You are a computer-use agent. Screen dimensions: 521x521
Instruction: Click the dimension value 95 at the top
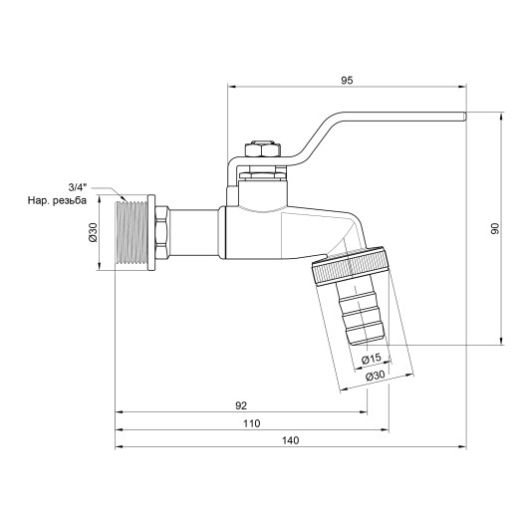(347, 80)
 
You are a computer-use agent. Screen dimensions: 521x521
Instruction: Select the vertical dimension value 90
(495, 227)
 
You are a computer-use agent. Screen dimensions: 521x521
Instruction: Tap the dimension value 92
(241, 405)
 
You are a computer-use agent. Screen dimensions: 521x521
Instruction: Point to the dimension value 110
(252, 424)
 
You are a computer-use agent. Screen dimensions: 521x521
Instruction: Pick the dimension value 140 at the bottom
(292, 442)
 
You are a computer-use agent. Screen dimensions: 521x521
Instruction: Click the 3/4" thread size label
(77, 186)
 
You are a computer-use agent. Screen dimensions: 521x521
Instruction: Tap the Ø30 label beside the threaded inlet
(93, 232)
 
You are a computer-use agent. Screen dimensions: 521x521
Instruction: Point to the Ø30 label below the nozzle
(376, 377)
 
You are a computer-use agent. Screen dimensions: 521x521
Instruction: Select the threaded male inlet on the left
(130, 233)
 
